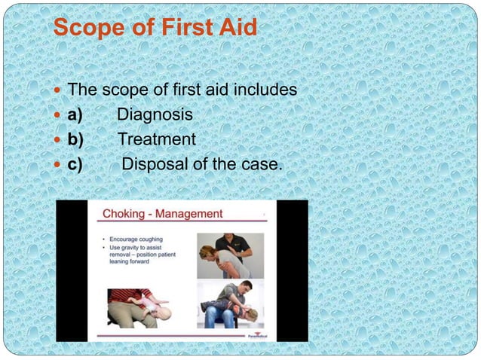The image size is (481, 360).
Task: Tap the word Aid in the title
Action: [x=236, y=28]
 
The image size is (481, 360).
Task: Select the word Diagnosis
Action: [x=155, y=115]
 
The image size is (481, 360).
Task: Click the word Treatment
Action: [x=156, y=139]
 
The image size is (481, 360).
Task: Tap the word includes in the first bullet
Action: [x=263, y=90]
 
